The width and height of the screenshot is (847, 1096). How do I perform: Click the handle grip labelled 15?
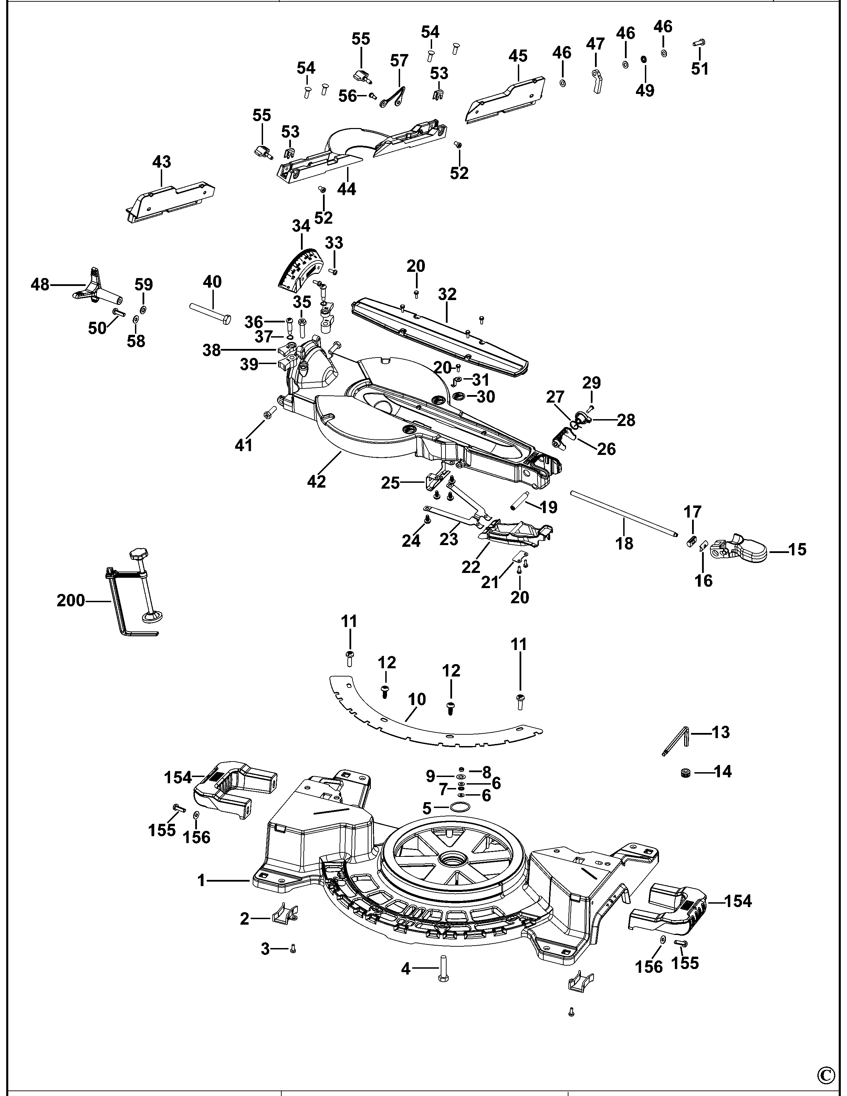pos(743,550)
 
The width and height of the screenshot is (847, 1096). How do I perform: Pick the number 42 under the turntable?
pos(316,481)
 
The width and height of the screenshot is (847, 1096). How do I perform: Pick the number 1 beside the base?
pos(201,880)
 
